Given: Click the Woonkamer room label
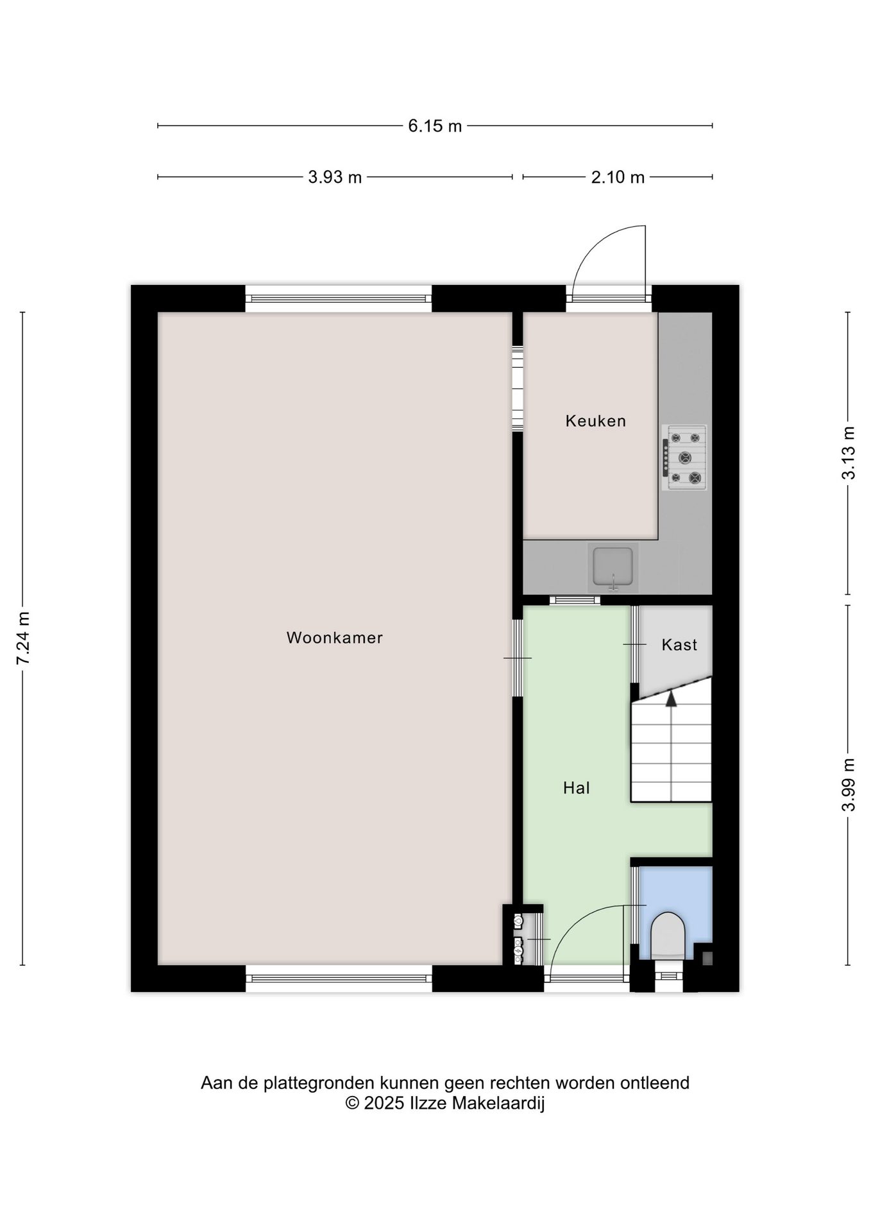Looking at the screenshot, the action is (334, 638).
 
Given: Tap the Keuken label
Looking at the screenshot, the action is (595, 421).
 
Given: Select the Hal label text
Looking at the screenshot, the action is (576, 788).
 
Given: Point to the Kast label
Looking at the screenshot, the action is (679, 645).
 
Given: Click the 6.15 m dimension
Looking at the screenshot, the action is (435, 126).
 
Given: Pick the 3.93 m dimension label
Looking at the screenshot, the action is (335, 177).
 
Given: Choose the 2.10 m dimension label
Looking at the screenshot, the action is (618, 177).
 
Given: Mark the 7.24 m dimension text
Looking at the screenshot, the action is (23, 638).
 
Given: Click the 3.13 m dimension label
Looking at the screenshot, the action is (849, 453).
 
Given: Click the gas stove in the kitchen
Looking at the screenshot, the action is (684, 458).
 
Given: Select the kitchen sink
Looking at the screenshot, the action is (613, 567).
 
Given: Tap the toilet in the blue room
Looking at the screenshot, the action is (668, 936).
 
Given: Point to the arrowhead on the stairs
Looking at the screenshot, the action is (671, 698).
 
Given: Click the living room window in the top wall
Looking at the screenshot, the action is (339, 298).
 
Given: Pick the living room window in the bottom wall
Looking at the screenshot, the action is (339, 979).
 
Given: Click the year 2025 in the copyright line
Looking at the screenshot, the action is (385, 1103).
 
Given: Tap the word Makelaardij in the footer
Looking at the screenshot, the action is (498, 1103).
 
